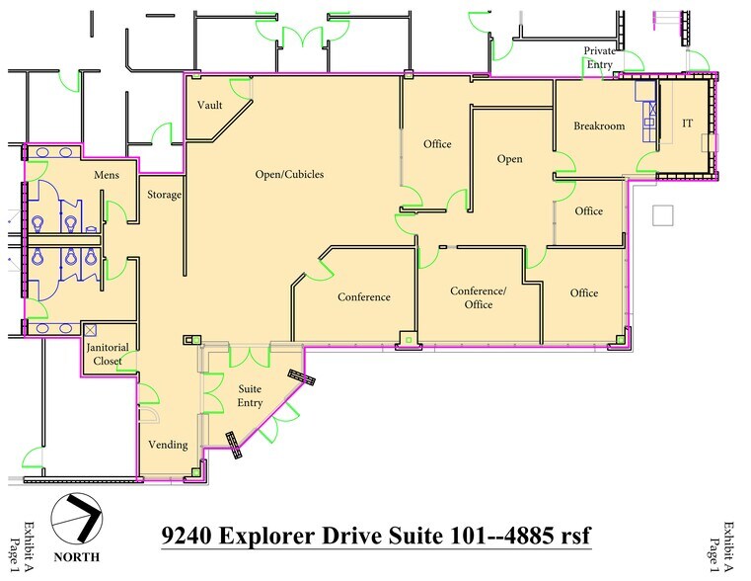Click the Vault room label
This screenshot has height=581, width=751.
[208, 106]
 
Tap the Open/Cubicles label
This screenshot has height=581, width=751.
[289, 175]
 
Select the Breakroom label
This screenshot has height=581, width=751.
[599, 125]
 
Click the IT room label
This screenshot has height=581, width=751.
[687, 124]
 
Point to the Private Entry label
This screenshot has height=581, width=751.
[599, 57]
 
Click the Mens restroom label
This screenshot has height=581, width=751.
[107, 175]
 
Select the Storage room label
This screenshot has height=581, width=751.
[164, 195]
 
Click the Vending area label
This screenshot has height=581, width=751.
[167, 445]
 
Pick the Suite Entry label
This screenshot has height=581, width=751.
[250, 395]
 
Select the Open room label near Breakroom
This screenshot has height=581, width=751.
[509, 159]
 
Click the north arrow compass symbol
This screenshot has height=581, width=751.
[77, 515]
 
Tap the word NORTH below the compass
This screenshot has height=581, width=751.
[77, 557]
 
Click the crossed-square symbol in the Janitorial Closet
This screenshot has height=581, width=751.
[90, 329]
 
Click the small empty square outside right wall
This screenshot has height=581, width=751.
[663, 214]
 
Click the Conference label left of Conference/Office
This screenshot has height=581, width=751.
[363, 297]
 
